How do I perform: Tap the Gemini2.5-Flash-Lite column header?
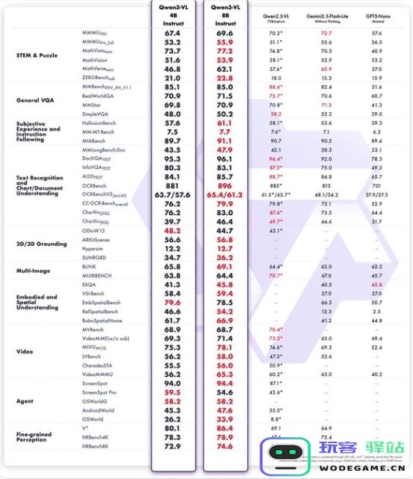tap(326, 17)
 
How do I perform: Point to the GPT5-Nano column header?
tap(376, 17)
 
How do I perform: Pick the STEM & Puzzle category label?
tap(38, 55)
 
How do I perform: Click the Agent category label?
tap(25, 401)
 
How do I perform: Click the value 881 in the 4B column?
tap(173, 186)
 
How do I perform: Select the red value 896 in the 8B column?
tap(225, 186)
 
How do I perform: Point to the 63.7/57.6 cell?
tap(173, 194)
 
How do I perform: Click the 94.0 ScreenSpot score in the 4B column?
tap(173, 383)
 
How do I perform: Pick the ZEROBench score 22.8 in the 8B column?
tap(225, 78)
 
